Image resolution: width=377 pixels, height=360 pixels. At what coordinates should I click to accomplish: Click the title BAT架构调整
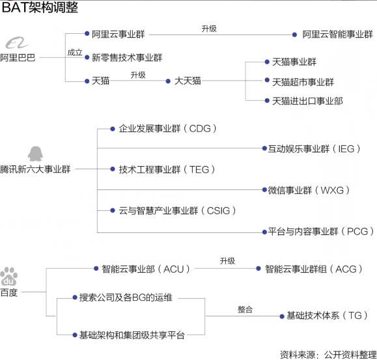coord(40,7)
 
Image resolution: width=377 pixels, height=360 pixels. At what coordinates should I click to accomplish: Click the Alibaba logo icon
coord(18,43)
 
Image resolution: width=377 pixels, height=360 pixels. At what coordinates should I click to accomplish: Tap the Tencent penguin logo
coord(35,154)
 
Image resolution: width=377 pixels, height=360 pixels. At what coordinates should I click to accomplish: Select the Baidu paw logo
coord(9,277)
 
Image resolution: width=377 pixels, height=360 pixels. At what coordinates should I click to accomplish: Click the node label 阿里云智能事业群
coord(337,35)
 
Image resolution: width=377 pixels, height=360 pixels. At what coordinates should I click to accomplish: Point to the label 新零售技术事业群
coord(127,57)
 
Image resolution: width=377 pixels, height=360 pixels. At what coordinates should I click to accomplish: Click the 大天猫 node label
coord(188,81)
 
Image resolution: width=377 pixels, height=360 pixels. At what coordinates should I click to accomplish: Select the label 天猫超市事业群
coord(303,82)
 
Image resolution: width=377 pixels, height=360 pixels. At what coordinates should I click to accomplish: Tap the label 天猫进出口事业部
coord(307,101)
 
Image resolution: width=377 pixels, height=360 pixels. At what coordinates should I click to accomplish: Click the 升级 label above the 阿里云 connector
coord(209,29)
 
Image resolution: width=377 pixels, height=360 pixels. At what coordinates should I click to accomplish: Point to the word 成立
coord(75,52)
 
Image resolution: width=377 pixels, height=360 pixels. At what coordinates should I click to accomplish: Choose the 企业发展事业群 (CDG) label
coord(167,129)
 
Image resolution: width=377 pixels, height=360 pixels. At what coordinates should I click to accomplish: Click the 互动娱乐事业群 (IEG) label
coord(314,149)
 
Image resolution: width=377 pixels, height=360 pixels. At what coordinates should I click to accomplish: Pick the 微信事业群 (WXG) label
coord(309,190)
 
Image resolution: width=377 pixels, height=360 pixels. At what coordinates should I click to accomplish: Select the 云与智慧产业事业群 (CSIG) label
coord(178,210)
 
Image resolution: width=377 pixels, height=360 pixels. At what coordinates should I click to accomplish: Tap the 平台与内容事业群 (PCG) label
coord(321,232)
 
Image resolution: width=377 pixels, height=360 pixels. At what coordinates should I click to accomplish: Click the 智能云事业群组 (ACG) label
coord(314,269)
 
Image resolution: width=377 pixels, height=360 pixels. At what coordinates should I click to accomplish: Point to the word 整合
coord(245,309)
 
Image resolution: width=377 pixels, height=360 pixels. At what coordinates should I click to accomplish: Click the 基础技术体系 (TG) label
coord(327,315)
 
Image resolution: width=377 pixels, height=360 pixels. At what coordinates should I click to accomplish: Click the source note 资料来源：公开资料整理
coord(328,355)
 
